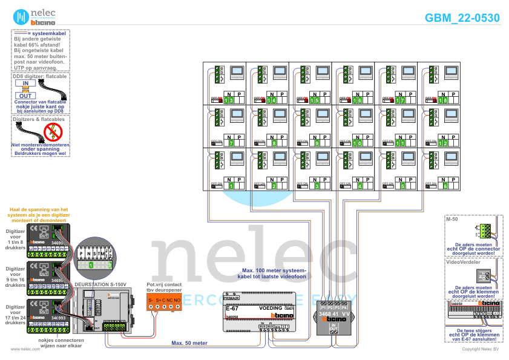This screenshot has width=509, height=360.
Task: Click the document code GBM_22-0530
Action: click(462, 18)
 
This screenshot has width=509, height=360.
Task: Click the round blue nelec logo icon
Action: click(21, 17)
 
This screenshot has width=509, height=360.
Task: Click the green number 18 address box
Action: click(444, 100)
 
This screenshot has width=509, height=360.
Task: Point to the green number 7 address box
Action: click(231, 143)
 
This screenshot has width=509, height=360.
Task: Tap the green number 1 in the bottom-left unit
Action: click(231, 186)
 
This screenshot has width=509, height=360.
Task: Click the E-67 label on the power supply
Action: click(232, 309)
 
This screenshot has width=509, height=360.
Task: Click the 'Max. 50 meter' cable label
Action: click(189, 342)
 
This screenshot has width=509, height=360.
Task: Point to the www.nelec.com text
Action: click(21, 349)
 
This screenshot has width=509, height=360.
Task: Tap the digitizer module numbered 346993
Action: click(51, 317)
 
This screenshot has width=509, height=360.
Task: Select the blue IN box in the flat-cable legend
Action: click(25, 83)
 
